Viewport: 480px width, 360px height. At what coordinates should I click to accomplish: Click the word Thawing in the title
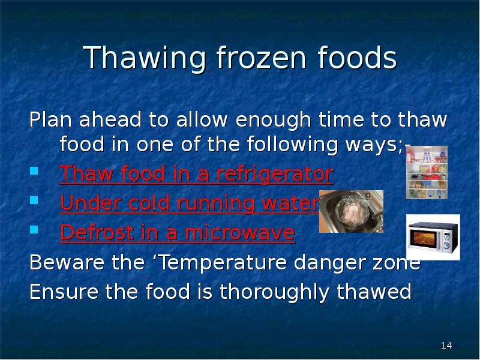[x=145, y=58]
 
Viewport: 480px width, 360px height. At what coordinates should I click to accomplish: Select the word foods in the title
[x=357, y=57]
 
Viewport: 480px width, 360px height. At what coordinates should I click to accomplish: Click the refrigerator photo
[x=427, y=172]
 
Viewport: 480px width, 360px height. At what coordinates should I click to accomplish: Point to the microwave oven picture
[x=433, y=237]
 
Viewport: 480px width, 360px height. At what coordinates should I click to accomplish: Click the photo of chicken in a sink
[x=351, y=211]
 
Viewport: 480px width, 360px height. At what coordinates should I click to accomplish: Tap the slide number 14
[x=446, y=346]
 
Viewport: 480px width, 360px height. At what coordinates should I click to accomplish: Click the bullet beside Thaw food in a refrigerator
[x=34, y=170]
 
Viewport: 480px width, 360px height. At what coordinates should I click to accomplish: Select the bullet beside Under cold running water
[x=34, y=200]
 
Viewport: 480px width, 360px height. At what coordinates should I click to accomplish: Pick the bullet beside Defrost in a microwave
[x=34, y=229]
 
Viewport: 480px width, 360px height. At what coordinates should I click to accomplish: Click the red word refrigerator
[x=275, y=174]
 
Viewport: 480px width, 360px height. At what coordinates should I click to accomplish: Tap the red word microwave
[x=239, y=232]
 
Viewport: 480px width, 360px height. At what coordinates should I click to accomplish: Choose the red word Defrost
[x=97, y=232]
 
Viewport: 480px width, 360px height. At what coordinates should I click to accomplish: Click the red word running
[x=216, y=203]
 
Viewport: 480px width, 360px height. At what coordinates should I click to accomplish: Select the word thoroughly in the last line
[x=274, y=292]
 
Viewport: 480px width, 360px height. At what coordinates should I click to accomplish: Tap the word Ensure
[x=64, y=291]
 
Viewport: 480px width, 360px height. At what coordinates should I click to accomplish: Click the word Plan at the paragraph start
[x=50, y=119]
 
